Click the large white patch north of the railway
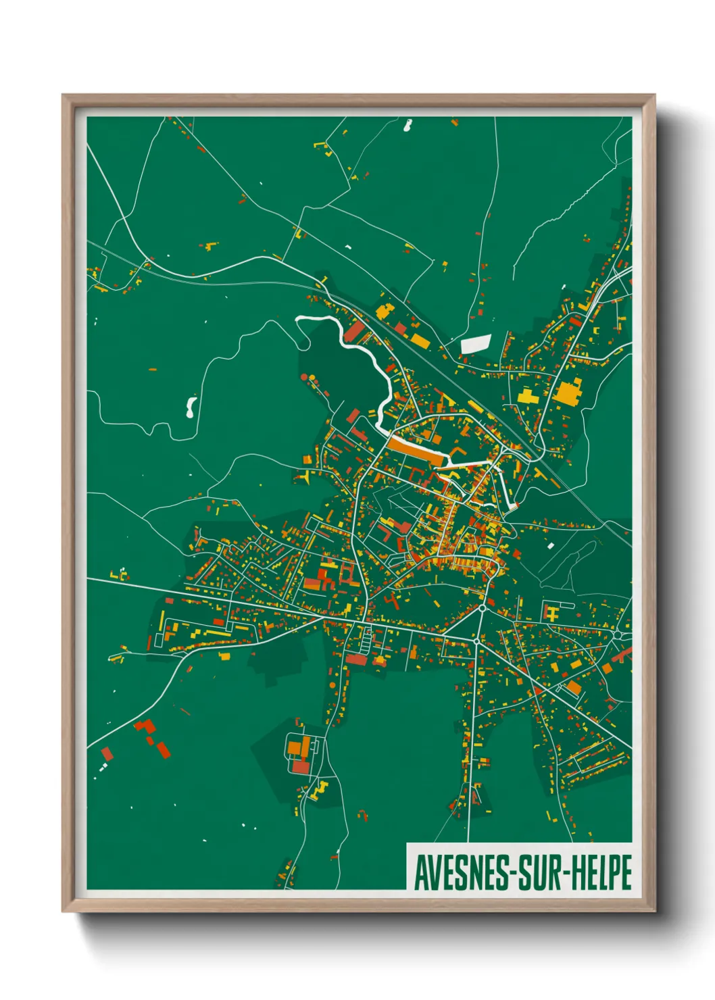pyautogui.click(x=476, y=344)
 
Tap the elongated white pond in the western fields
pyautogui.click(x=191, y=407)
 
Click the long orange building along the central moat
pyautogui.click(x=415, y=449)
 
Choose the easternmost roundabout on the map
pyautogui.click(x=621, y=635)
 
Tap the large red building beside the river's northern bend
pyautogui.click(x=355, y=331)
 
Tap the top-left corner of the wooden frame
pyautogui.click(x=64, y=96)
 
